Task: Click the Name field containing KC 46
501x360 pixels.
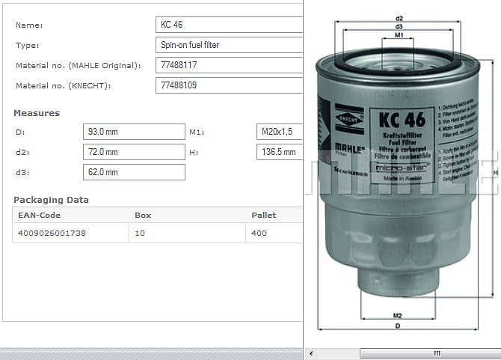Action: click(229, 25)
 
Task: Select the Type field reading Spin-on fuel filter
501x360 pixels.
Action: click(229, 45)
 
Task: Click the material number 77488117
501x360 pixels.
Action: click(229, 65)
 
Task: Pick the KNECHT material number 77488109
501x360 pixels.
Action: click(229, 85)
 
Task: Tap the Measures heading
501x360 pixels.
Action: click(37, 113)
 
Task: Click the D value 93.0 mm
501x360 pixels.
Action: click(133, 132)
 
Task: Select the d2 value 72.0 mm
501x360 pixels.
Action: click(133, 152)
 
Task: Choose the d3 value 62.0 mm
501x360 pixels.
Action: click(133, 172)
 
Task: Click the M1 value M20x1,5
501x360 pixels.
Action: click(279, 132)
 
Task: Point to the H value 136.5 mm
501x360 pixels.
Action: click(279, 152)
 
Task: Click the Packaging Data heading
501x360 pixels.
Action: click(51, 200)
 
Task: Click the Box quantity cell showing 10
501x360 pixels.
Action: click(140, 234)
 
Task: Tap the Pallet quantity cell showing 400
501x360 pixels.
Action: click(259, 234)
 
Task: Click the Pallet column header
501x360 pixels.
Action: click(263, 215)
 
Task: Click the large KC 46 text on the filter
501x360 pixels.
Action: click(402, 120)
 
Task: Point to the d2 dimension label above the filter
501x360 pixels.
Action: click(399, 18)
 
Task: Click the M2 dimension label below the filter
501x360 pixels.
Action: click(398, 315)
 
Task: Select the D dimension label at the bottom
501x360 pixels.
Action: click(398, 326)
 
